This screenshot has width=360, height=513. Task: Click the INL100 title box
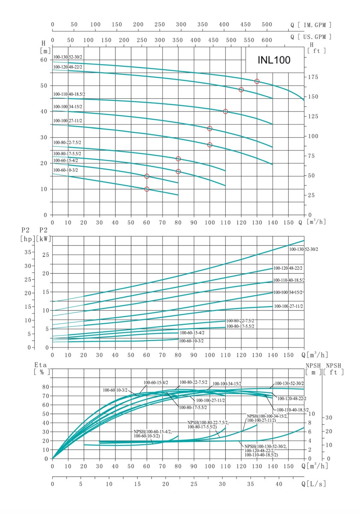(274, 60)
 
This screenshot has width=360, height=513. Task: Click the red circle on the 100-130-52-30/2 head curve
(257, 81)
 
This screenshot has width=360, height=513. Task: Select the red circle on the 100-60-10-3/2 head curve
(147, 189)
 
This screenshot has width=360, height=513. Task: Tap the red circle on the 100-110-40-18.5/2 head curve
(225, 112)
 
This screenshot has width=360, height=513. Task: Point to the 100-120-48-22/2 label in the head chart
(68, 67)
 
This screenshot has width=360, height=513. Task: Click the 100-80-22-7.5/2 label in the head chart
(67, 142)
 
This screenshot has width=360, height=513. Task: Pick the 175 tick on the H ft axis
(313, 77)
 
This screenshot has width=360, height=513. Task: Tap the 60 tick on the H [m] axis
(44, 59)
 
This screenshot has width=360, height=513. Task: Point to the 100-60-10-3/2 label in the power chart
(191, 341)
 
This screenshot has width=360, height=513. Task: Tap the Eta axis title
(42, 366)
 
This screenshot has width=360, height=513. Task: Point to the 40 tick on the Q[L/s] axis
(279, 484)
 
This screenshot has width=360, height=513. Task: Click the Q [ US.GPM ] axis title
(311, 37)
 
